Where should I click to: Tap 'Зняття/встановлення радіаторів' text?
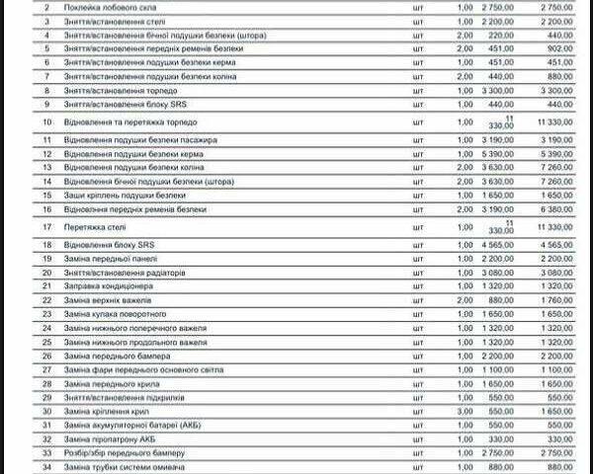(129, 272)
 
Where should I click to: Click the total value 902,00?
(558, 48)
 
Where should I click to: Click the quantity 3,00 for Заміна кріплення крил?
(465, 411)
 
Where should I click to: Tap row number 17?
(46, 226)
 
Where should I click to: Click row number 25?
(46, 342)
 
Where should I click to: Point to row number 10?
(46, 121)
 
